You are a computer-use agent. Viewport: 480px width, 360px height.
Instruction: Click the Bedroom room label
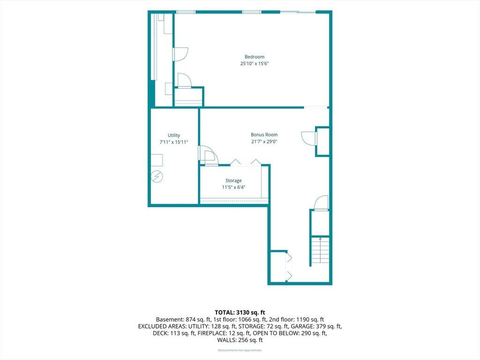(255, 57)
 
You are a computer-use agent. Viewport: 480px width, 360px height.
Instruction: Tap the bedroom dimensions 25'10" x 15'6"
(255, 64)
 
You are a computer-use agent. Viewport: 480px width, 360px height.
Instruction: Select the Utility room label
(174, 135)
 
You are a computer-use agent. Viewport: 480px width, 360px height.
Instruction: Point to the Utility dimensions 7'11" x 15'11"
(174, 142)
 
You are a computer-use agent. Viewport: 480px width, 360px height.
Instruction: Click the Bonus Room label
(264, 135)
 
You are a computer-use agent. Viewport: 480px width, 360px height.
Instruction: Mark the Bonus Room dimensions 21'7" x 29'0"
(264, 142)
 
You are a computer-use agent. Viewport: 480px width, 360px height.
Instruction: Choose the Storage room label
(233, 180)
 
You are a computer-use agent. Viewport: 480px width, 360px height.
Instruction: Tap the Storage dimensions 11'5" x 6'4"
(233, 187)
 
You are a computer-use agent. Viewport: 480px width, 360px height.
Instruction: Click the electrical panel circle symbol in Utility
(157, 177)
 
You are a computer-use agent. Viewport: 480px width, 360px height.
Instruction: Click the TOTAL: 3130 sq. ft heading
(240, 313)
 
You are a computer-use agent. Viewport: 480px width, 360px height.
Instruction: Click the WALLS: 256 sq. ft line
(240, 340)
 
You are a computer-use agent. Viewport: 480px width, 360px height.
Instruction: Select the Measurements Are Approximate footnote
(240, 350)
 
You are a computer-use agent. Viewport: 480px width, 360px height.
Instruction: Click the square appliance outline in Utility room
(157, 160)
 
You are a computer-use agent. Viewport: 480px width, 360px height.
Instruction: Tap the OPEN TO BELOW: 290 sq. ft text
(290, 333)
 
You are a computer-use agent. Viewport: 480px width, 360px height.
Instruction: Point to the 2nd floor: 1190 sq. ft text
(296, 320)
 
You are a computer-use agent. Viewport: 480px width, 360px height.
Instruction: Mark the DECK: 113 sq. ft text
(174, 333)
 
